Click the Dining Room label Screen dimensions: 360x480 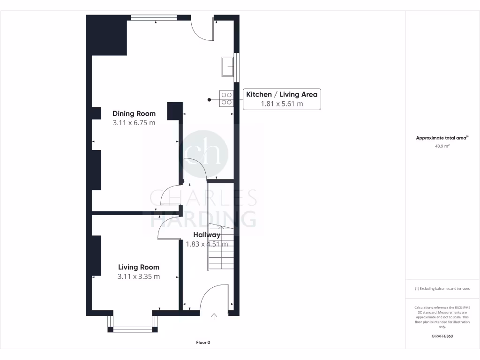click(x=134, y=113)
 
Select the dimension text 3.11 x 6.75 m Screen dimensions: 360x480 click(x=134, y=123)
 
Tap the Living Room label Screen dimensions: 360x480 click(x=138, y=267)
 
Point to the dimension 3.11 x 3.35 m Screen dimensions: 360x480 click(x=138, y=277)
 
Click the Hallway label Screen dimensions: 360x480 click(x=207, y=235)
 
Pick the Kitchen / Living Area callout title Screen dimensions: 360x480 click(x=282, y=95)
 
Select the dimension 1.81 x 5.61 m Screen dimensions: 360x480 click(x=282, y=104)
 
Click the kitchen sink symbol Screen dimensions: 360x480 click(x=228, y=66)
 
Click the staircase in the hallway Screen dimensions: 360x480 click(x=220, y=248)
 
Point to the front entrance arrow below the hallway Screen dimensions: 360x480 click(x=214, y=316)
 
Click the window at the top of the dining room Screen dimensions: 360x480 click(x=153, y=18)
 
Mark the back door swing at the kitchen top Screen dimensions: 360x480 click(x=202, y=29)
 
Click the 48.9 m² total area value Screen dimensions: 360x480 click(x=442, y=146)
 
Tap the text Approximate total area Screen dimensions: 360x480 click(x=441, y=138)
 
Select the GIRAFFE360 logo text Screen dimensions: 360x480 click(x=442, y=336)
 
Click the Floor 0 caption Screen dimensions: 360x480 click(x=203, y=343)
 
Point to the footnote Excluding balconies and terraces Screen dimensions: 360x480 click(x=442, y=289)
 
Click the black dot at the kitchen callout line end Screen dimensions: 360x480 click(x=209, y=99)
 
